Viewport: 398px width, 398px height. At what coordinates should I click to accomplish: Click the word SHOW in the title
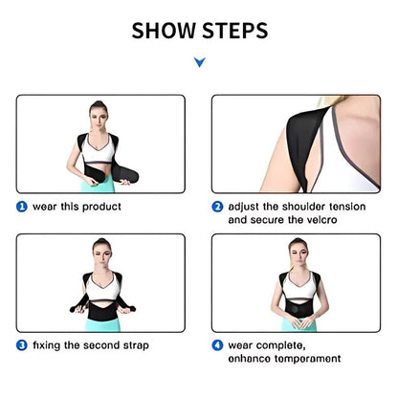click(162, 31)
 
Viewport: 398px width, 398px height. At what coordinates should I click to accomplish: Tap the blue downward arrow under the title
click(199, 63)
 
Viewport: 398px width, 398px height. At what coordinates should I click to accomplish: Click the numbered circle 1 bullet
click(21, 205)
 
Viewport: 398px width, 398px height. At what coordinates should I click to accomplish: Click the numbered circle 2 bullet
click(218, 205)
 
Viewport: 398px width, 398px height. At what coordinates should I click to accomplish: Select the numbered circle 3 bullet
click(21, 344)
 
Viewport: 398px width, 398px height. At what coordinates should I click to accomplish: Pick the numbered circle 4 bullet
click(218, 344)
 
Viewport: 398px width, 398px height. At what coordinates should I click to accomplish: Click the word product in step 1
click(99, 205)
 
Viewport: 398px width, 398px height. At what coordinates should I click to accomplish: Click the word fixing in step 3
click(49, 344)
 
